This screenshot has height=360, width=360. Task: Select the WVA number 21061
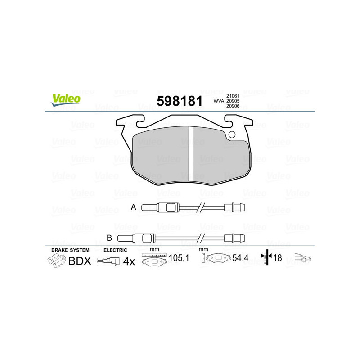tap(232, 96)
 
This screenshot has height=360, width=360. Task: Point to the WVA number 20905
tap(232, 102)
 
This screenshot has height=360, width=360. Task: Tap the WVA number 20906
tap(232, 107)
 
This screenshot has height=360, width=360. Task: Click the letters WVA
tap(219, 102)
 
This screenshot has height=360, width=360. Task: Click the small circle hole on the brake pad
tap(232, 134)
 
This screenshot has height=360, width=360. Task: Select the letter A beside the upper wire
tap(133, 207)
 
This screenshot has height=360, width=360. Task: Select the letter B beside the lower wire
tap(109, 238)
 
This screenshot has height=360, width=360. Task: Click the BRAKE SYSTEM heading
tap(70, 250)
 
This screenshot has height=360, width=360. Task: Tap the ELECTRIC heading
tap(116, 250)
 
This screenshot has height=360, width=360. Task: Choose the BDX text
tap(80, 261)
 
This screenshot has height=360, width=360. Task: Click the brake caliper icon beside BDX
tap(56, 261)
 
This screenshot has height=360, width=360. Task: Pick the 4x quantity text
tap(129, 261)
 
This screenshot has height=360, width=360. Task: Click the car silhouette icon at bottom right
tap(303, 258)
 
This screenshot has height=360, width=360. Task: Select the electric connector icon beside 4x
tap(111, 261)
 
